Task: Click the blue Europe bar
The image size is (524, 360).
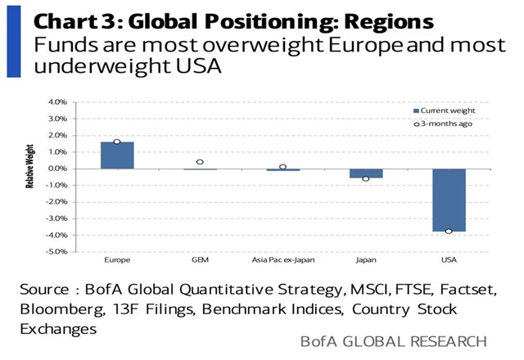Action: click(x=117, y=155)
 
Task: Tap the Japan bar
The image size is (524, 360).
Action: click(x=365, y=173)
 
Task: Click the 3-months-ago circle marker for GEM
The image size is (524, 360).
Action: click(x=200, y=162)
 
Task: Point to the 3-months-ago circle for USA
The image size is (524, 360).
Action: click(x=448, y=232)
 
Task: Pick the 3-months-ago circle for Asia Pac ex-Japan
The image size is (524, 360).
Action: click(x=282, y=167)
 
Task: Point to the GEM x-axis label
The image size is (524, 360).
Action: click(x=200, y=261)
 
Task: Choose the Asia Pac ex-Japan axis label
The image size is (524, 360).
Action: click(x=282, y=261)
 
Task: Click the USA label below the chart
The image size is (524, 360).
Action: click(x=448, y=261)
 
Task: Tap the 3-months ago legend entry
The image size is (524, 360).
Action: click(x=442, y=124)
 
